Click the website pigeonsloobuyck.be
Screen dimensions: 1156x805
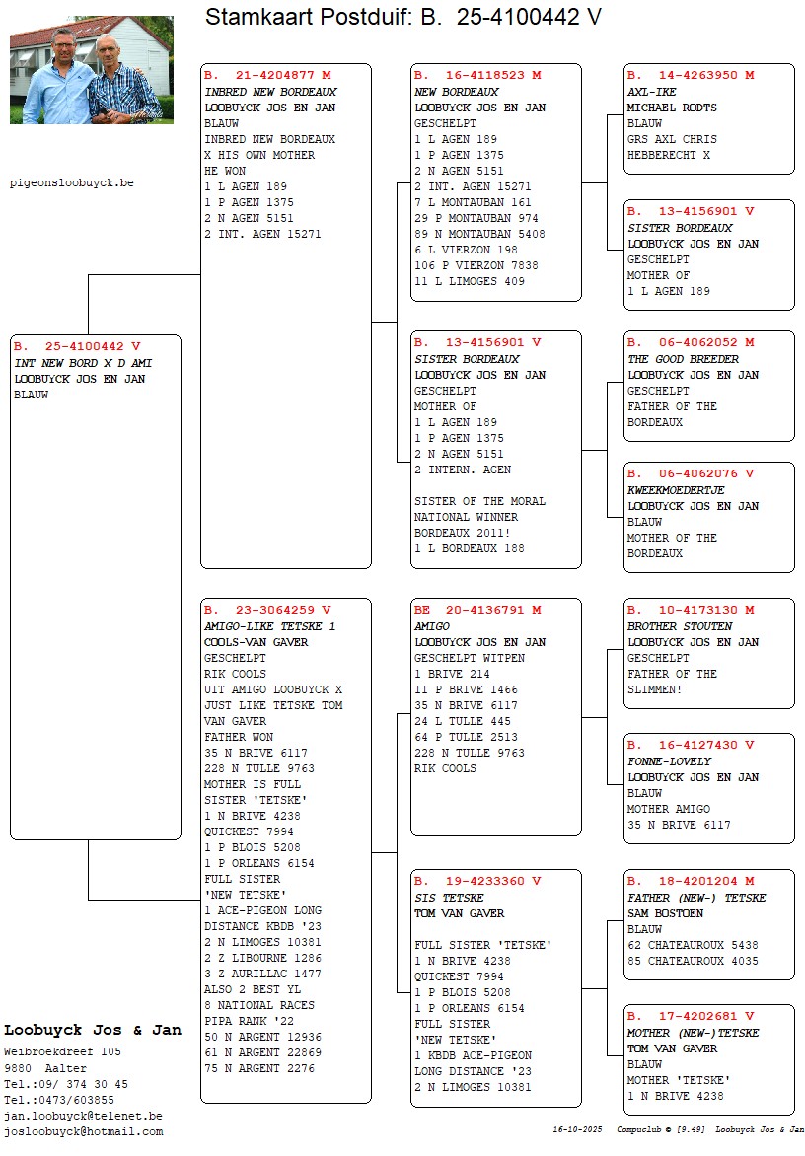[71, 182]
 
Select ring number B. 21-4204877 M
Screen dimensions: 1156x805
[267, 75]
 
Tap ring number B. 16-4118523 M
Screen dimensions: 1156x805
[477, 75]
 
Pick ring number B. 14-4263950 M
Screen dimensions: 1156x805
[691, 75]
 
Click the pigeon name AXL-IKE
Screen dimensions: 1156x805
[652, 92]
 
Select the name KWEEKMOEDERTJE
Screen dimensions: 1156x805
[676, 490]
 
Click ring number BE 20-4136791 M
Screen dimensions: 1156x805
[477, 610]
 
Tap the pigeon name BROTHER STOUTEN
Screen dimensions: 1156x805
[680, 626]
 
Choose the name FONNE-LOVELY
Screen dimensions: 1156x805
[669, 761]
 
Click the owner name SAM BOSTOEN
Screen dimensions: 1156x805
[665, 913]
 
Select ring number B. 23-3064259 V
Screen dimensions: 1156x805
[267, 610]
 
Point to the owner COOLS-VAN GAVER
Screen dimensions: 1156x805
[256, 642]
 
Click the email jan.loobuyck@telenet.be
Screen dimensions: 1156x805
[84, 1116]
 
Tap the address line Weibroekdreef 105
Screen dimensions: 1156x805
[62, 1052]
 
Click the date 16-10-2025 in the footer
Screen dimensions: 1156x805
[578, 1129]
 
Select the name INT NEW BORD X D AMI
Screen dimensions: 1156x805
[83, 363]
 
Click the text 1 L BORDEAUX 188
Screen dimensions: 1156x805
[469, 548]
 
